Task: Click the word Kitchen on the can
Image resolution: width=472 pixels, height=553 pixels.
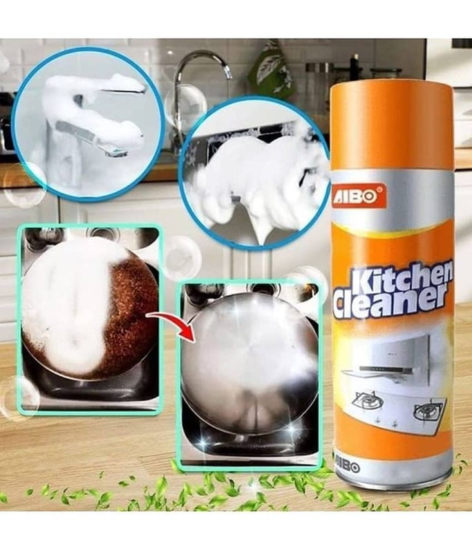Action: [x=399, y=281]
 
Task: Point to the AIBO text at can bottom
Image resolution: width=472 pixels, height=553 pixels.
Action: [x=346, y=468]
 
